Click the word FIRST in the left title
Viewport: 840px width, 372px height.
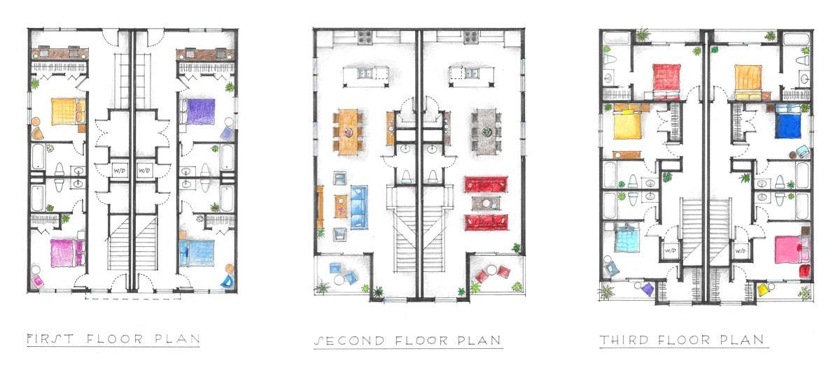50,339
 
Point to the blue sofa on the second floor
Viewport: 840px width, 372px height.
359,207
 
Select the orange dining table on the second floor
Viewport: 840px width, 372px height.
348,131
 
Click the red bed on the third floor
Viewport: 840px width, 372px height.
666,82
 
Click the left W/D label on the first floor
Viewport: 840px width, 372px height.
119,171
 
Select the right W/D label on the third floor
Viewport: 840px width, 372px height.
741,250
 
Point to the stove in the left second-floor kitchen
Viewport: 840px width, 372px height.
365,38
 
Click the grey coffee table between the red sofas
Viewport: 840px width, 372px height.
486,203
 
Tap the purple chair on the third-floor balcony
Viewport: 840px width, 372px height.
647,289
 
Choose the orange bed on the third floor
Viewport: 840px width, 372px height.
748,83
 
